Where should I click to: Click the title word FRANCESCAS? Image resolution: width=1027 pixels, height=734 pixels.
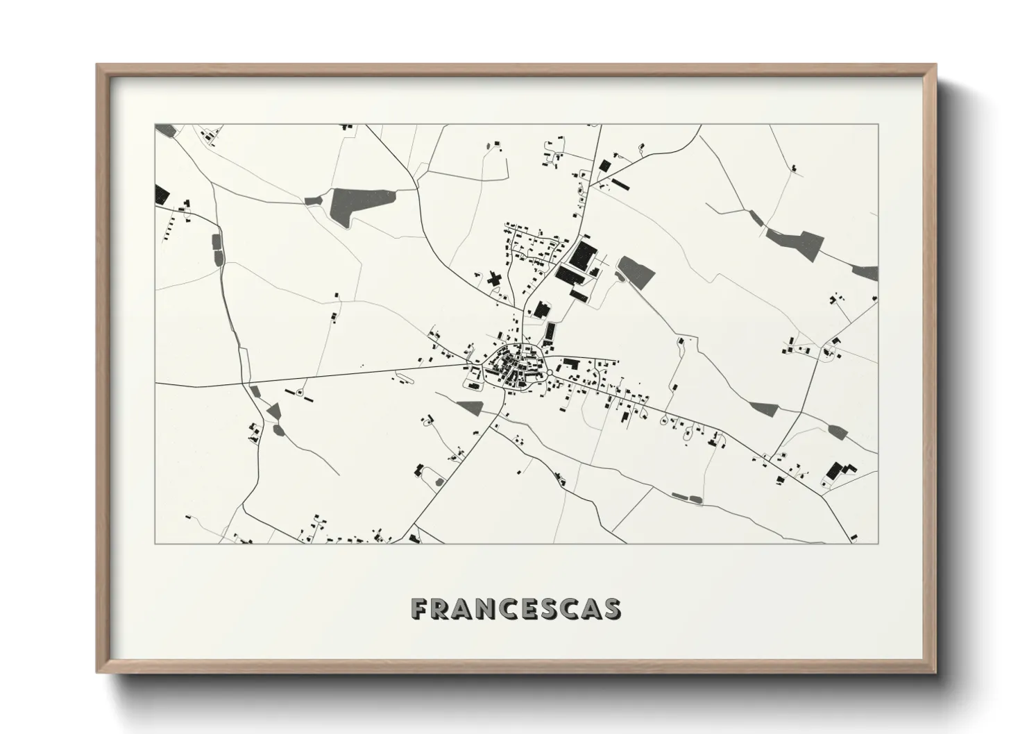click(516, 608)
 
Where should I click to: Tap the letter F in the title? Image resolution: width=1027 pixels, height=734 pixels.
click(418, 608)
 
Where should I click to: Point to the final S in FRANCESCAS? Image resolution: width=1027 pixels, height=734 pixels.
click(611, 608)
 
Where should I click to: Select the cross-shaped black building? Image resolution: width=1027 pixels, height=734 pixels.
click(494, 280)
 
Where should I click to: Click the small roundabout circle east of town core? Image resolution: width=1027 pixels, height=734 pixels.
click(550, 373)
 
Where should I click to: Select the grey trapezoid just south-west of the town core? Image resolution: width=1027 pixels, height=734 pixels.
click(469, 407)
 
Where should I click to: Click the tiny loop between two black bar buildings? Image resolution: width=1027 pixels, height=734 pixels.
click(300, 393)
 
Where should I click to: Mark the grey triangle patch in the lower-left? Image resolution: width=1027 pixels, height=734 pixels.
click(274, 411)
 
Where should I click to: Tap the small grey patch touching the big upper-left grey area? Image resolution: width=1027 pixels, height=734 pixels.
click(313, 200)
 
